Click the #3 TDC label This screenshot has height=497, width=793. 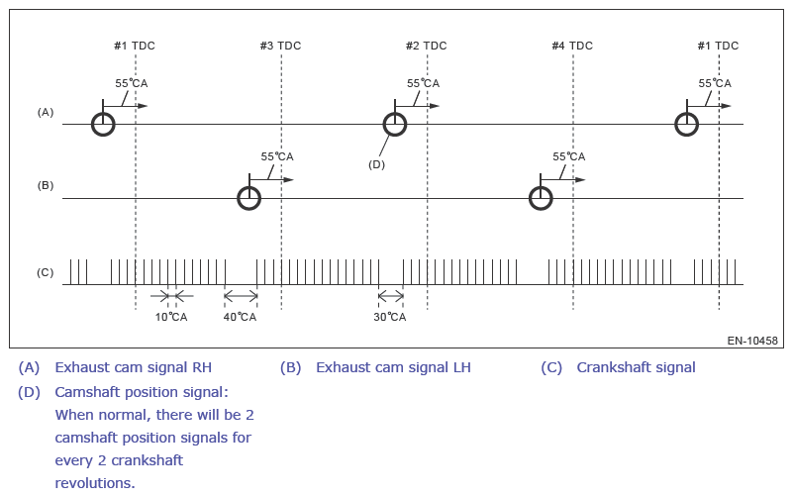click(x=281, y=46)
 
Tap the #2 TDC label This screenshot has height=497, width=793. click(x=427, y=46)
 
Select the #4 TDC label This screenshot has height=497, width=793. click(x=572, y=46)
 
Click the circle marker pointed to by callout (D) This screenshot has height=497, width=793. click(x=395, y=113)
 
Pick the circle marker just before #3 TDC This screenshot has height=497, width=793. click(x=249, y=187)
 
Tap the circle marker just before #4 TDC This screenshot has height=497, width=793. click(x=541, y=187)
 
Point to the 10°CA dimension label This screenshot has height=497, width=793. click(x=171, y=317)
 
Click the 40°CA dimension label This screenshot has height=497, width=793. click(x=240, y=317)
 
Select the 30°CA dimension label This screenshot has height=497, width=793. click(x=390, y=317)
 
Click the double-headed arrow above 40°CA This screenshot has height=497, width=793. click(x=241, y=296)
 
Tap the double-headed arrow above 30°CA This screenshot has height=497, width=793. click(x=391, y=296)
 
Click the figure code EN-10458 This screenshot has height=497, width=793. click(x=752, y=341)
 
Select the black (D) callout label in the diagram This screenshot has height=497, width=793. click(x=377, y=164)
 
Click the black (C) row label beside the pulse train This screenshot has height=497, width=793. click(x=45, y=272)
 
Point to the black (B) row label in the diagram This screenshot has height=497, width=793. click(x=45, y=185)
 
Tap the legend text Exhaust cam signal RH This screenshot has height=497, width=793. click(x=133, y=367)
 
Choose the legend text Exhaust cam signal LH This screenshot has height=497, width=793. click(x=393, y=367)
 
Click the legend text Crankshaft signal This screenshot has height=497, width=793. click(x=637, y=367)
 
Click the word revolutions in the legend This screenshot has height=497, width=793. click(x=95, y=483)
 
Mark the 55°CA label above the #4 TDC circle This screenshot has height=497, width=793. click(x=569, y=156)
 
